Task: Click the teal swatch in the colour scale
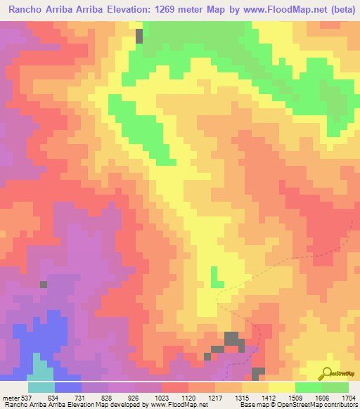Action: click(41, 387)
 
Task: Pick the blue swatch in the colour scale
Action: click(68, 387)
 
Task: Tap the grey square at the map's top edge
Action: click(139, 36)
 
